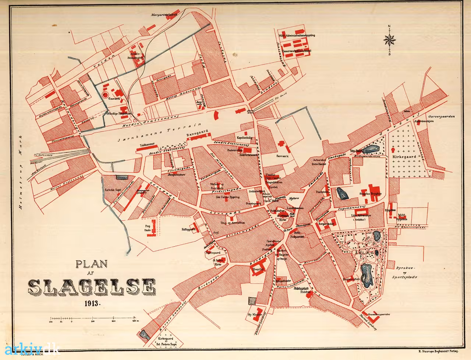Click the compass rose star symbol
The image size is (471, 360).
(389, 39)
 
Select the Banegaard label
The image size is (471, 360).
(197, 134)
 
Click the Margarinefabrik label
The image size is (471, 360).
(164, 15)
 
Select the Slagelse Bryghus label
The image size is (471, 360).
(371, 193)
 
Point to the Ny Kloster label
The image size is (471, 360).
(255, 315)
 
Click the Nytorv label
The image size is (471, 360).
(294, 198)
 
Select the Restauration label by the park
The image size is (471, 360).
(351, 279)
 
